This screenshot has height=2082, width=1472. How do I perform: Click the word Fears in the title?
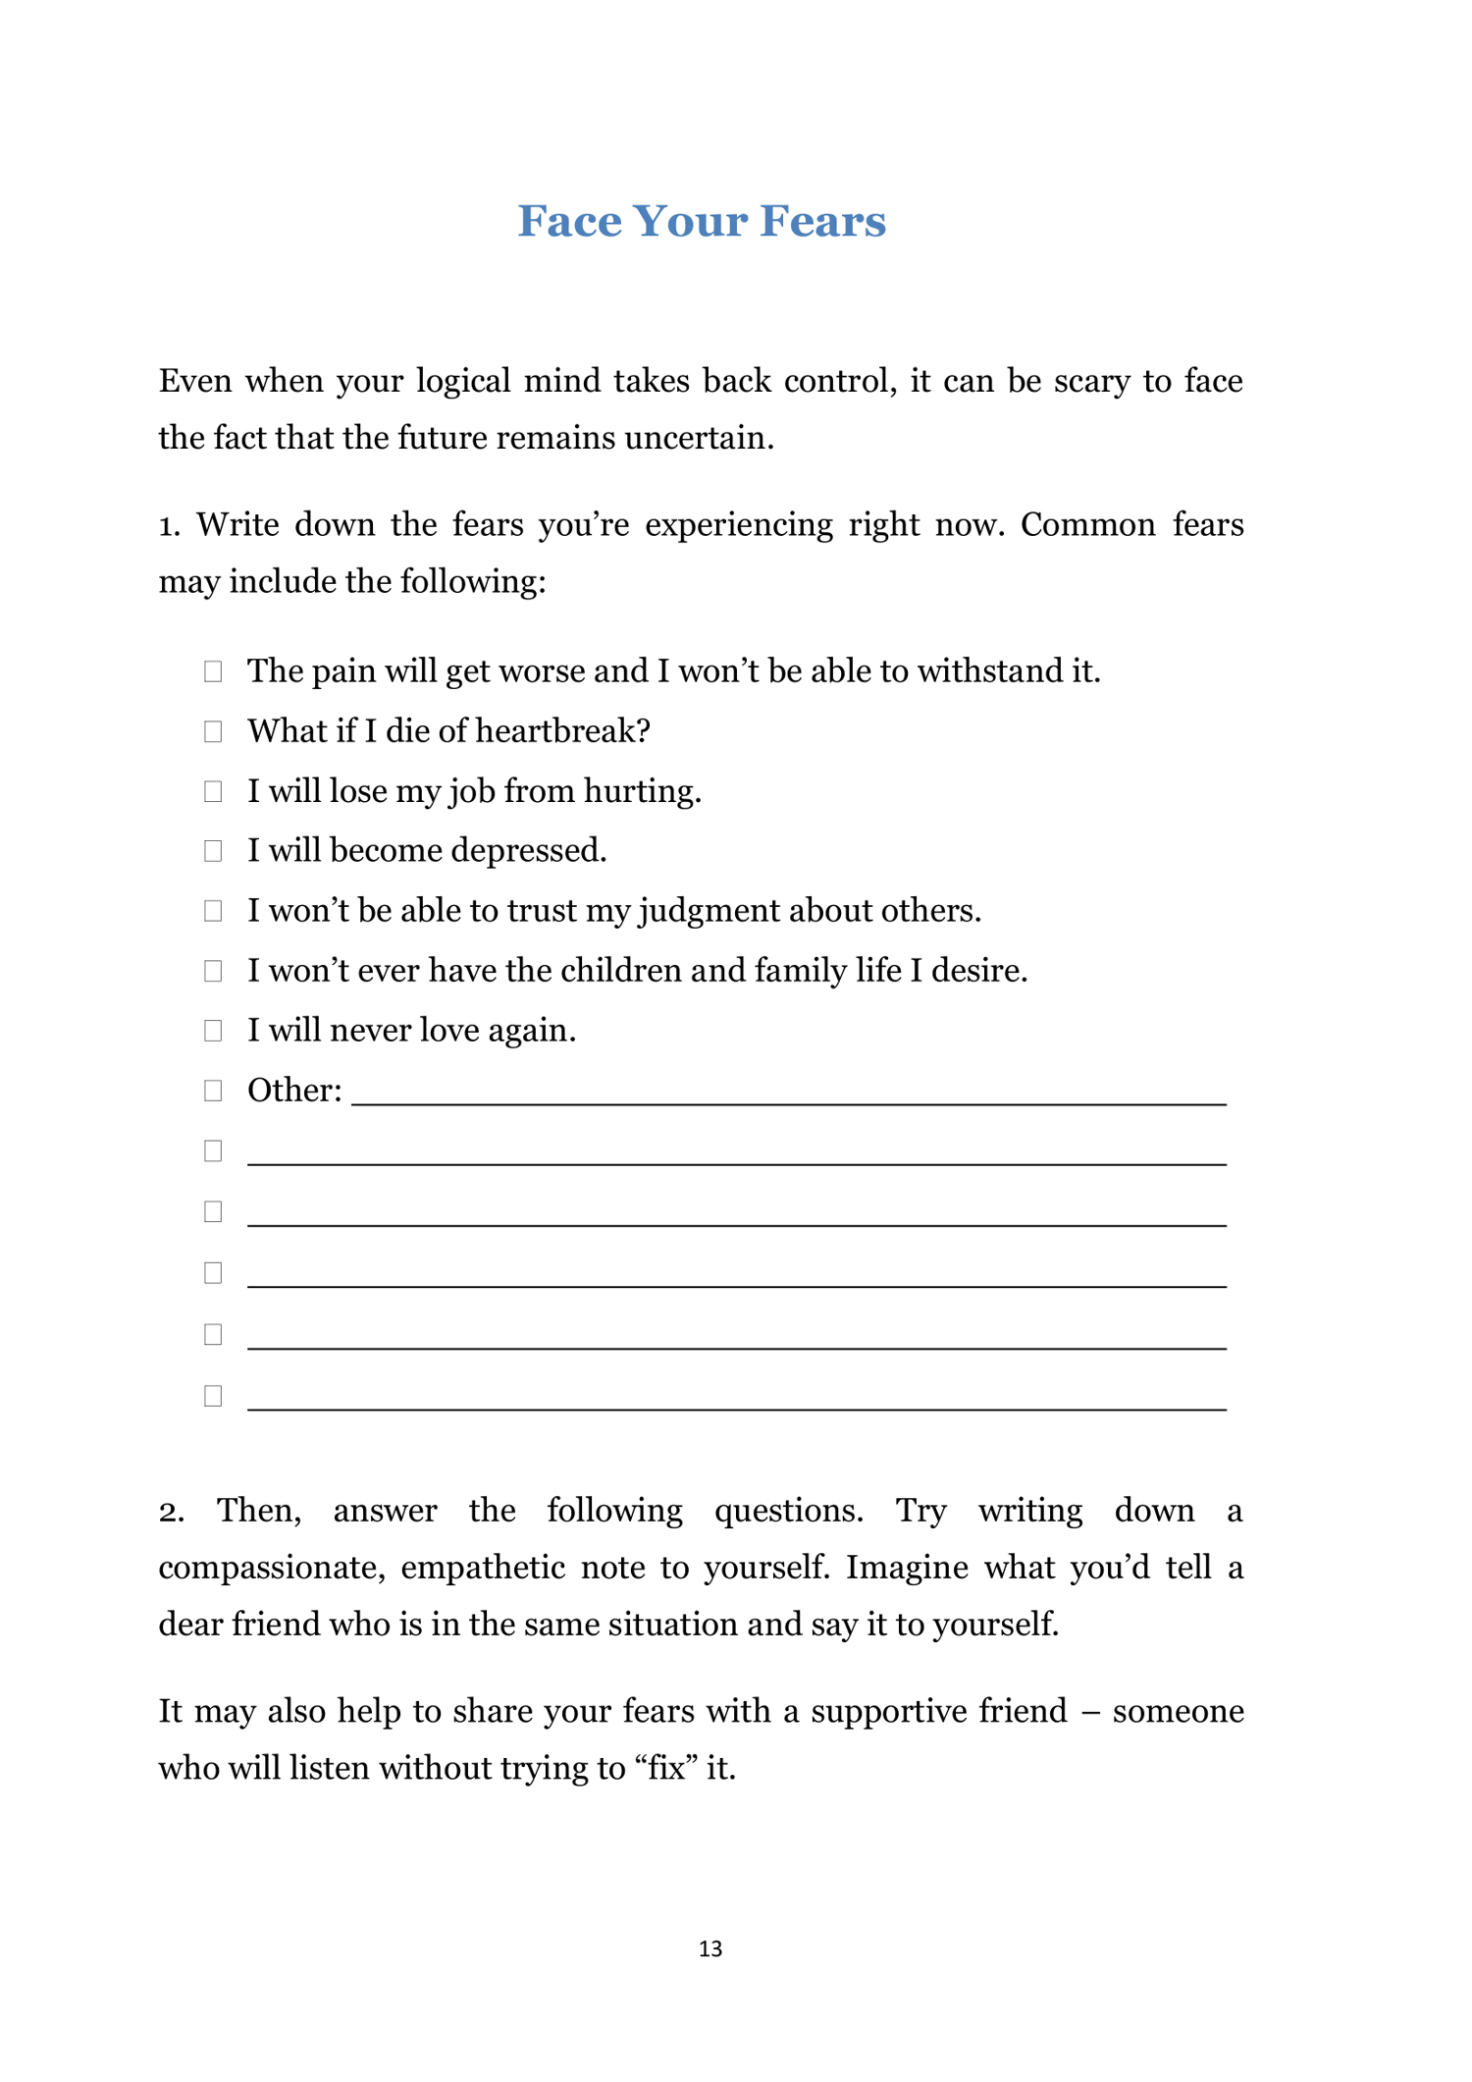click(x=822, y=221)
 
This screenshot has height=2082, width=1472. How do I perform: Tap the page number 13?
click(x=710, y=1949)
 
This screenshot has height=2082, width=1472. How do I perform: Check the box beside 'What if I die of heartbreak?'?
click(x=213, y=731)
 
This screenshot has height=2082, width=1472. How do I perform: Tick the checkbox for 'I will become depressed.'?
click(x=213, y=851)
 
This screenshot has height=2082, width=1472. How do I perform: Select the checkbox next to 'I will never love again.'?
click(x=213, y=1031)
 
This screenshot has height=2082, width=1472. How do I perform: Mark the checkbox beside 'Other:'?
click(x=213, y=1091)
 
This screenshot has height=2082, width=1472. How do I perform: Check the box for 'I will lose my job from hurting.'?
click(x=213, y=791)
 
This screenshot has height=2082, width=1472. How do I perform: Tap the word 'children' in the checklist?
click(x=620, y=971)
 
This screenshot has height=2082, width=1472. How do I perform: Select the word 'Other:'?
click(x=294, y=1091)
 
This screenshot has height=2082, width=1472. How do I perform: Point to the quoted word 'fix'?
click(x=666, y=1769)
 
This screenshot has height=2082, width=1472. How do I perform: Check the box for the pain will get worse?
click(x=213, y=671)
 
